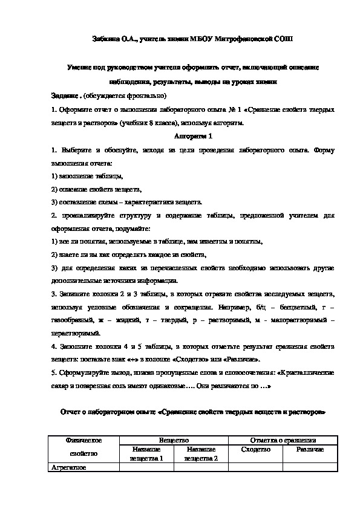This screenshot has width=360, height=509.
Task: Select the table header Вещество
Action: click(x=174, y=441)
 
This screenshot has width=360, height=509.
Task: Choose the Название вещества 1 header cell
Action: click(x=146, y=455)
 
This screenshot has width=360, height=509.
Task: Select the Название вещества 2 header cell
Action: click(x=202, y=455)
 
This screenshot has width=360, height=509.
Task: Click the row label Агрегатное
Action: click(x=69, y=467)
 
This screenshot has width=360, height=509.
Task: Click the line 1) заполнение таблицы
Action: click(x=88, y=176)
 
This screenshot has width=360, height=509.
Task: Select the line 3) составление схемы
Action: click(x=127, y=202)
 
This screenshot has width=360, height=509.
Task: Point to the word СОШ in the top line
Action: click(x=282, y=38)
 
